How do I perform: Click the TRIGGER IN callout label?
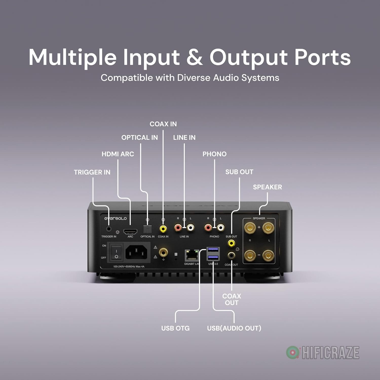(x=92, y=172)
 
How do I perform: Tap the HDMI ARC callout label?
(x=118, y=154)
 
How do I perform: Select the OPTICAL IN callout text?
(x=140, y=138)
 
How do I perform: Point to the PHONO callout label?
(x=214, y=154)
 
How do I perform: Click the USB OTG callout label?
(x=175, y=328)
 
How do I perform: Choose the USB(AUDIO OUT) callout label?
(x=234, y=328)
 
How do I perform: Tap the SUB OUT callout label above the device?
(x=239, y=172)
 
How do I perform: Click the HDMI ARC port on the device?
(x=130, y=231)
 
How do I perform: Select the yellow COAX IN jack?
(x=163, y=229)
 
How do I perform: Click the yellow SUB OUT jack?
(x=231, y=243)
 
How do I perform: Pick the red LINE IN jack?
(x=178, y=228)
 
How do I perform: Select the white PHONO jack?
(x=221, y=228)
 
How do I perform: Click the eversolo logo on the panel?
(x=115, y=218)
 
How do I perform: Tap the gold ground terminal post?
(x=163, y=253)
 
